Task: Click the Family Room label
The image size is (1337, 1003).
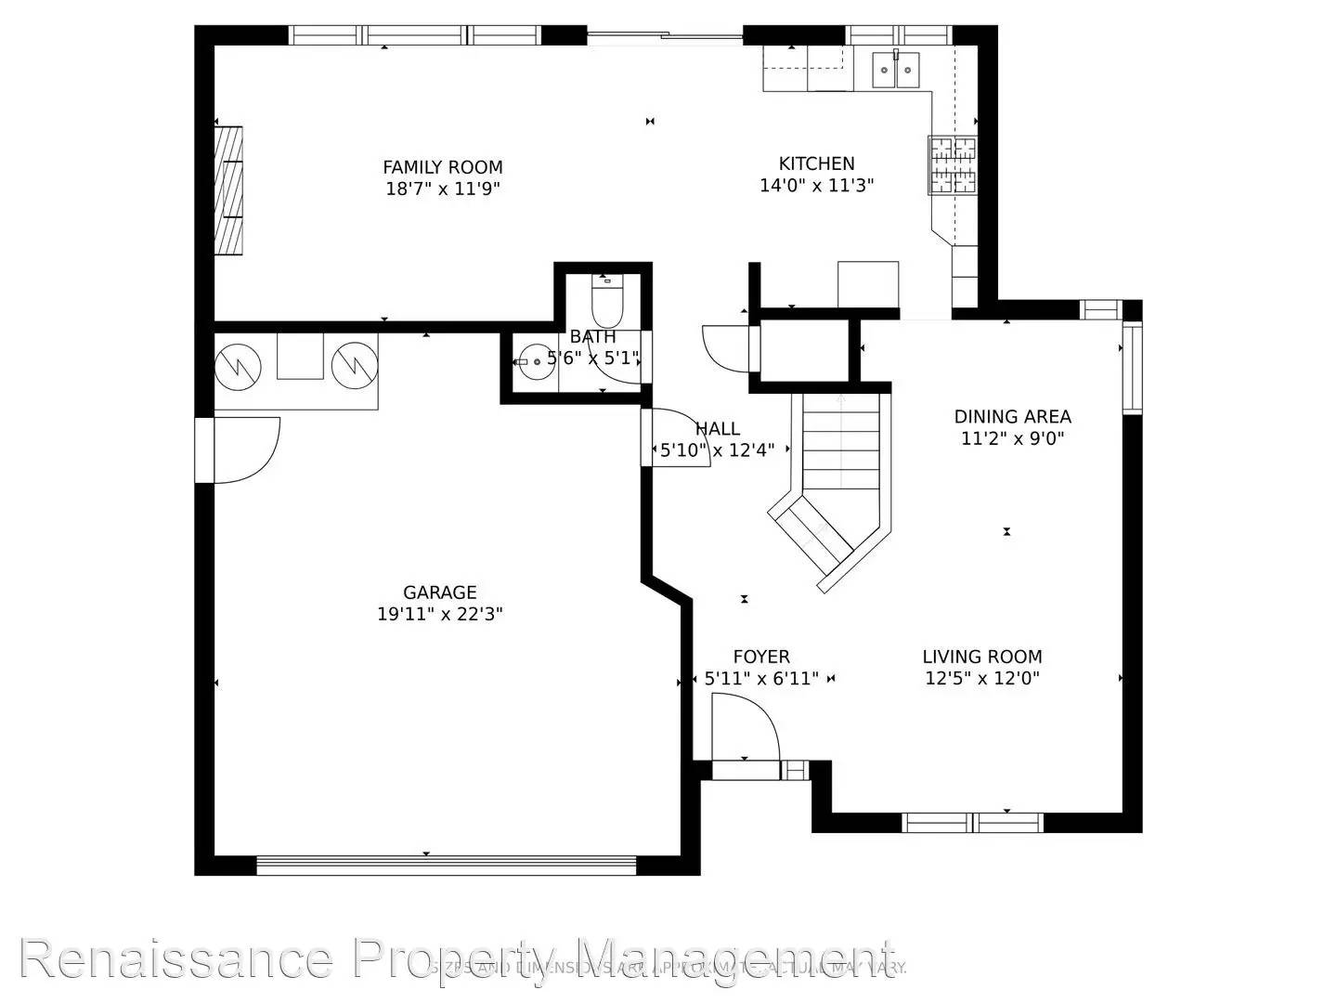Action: point(443,167)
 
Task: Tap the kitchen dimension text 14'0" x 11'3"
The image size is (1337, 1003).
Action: point(816,186)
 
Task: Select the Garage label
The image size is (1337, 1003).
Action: point(440,593)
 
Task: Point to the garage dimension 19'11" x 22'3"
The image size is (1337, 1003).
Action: point(440,614)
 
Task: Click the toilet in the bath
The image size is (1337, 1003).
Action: point(608,299)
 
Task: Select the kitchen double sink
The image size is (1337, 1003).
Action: point(896,70)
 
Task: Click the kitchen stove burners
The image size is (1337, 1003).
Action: point(953,164)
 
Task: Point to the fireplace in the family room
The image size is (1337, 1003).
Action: point(228,190)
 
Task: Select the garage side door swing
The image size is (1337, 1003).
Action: point(243,449)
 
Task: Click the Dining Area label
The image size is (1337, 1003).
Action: point(1012,417)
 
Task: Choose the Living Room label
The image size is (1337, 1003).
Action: point(982,657)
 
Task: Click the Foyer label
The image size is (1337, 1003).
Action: point(761,657)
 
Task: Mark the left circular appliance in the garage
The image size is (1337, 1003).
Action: point(239,365)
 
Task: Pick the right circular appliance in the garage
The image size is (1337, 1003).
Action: point(355,365)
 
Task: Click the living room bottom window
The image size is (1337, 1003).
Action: point(973,822)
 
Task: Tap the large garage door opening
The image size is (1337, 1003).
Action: point(446,866)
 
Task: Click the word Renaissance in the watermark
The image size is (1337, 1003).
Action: point(176,958)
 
